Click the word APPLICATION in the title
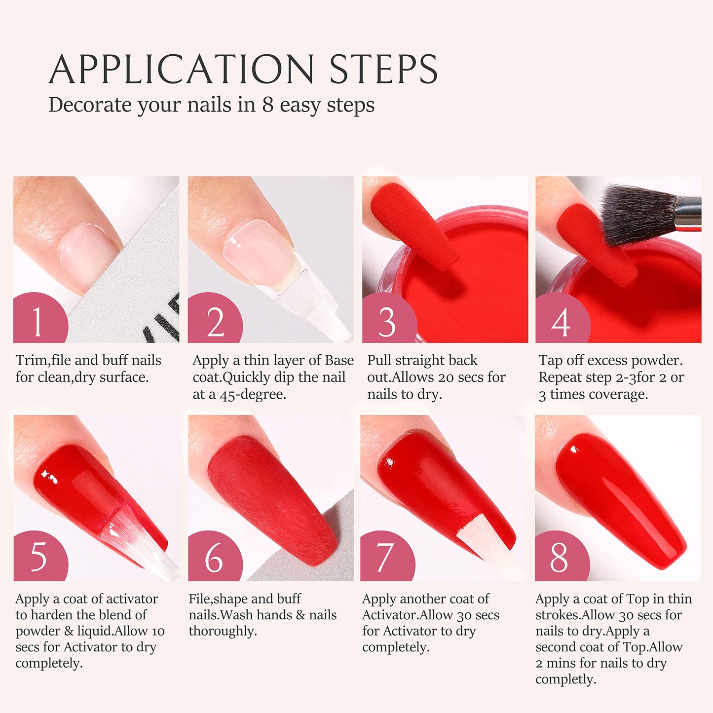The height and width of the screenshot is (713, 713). pyautogui.click(x=182, y=69)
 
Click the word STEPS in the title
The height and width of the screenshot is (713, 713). pyautogui.click(x=383, y=69)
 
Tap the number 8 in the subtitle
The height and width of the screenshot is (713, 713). pyautogui.click(x=267, y=105)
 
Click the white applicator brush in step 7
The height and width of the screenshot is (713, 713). pyautogui.click(x=486, y=548)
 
